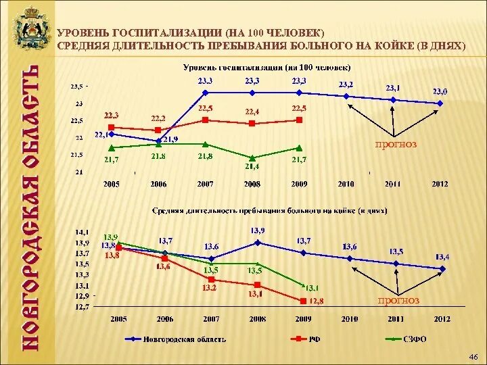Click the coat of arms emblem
click(29, 30)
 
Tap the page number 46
click(473, 356)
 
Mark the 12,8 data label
click(317, 301)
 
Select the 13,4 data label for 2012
click(443, 256)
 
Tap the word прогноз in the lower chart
click(399, 300)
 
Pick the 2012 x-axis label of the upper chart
click(440, 183)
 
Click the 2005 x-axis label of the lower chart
click(118, 318)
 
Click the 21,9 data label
click(170, 139)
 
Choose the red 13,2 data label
click(209, 288)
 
